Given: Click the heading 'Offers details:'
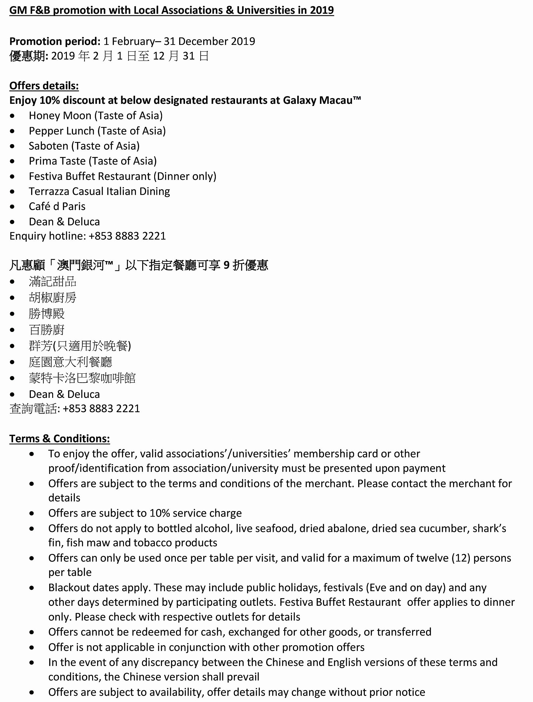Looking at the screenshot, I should pyautogui.click(x=44, y=86).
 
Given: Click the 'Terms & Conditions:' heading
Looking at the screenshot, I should pyautogui.click(x=60, y=438).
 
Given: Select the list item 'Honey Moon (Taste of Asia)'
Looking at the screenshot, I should pyautogui.click(x=96, y=115).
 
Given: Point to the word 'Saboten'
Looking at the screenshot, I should pyautogui.click(x=49, y=146).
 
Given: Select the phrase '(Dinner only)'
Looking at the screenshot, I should pyautogui.click(x=185, y=176).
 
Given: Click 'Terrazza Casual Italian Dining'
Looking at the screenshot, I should pyautogui.click(x=99, y=191).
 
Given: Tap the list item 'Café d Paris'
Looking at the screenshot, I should pyautogui.click(x=57, y=206).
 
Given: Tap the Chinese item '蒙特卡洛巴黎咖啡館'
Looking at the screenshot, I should pyautogui.click(x=82, y=378).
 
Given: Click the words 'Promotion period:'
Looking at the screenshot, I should pyautogui.click(x=55, y=41).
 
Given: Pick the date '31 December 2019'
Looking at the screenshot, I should pyautogui.click(x=209, y=41).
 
